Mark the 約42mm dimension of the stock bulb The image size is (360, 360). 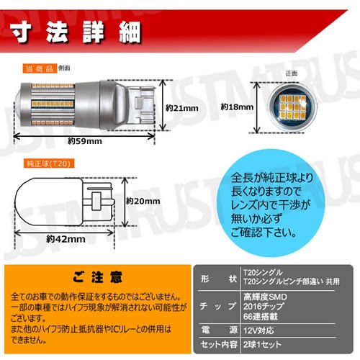[x=66, y=238]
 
